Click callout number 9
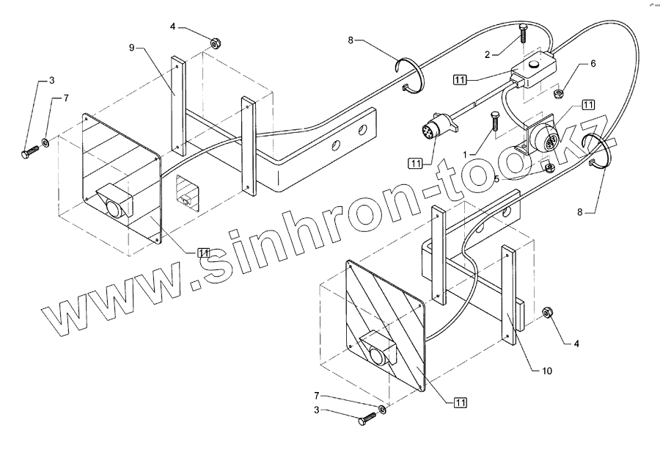coord(131,48)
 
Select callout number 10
coord(546,371)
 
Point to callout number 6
coord(593,63)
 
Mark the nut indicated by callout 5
coord(548,167)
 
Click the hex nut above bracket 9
coord(215,43)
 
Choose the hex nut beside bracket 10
coord(547,314)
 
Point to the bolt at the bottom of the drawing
coord(367,419)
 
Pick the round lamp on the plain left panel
coord(116,208)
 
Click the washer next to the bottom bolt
coord(382,408)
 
